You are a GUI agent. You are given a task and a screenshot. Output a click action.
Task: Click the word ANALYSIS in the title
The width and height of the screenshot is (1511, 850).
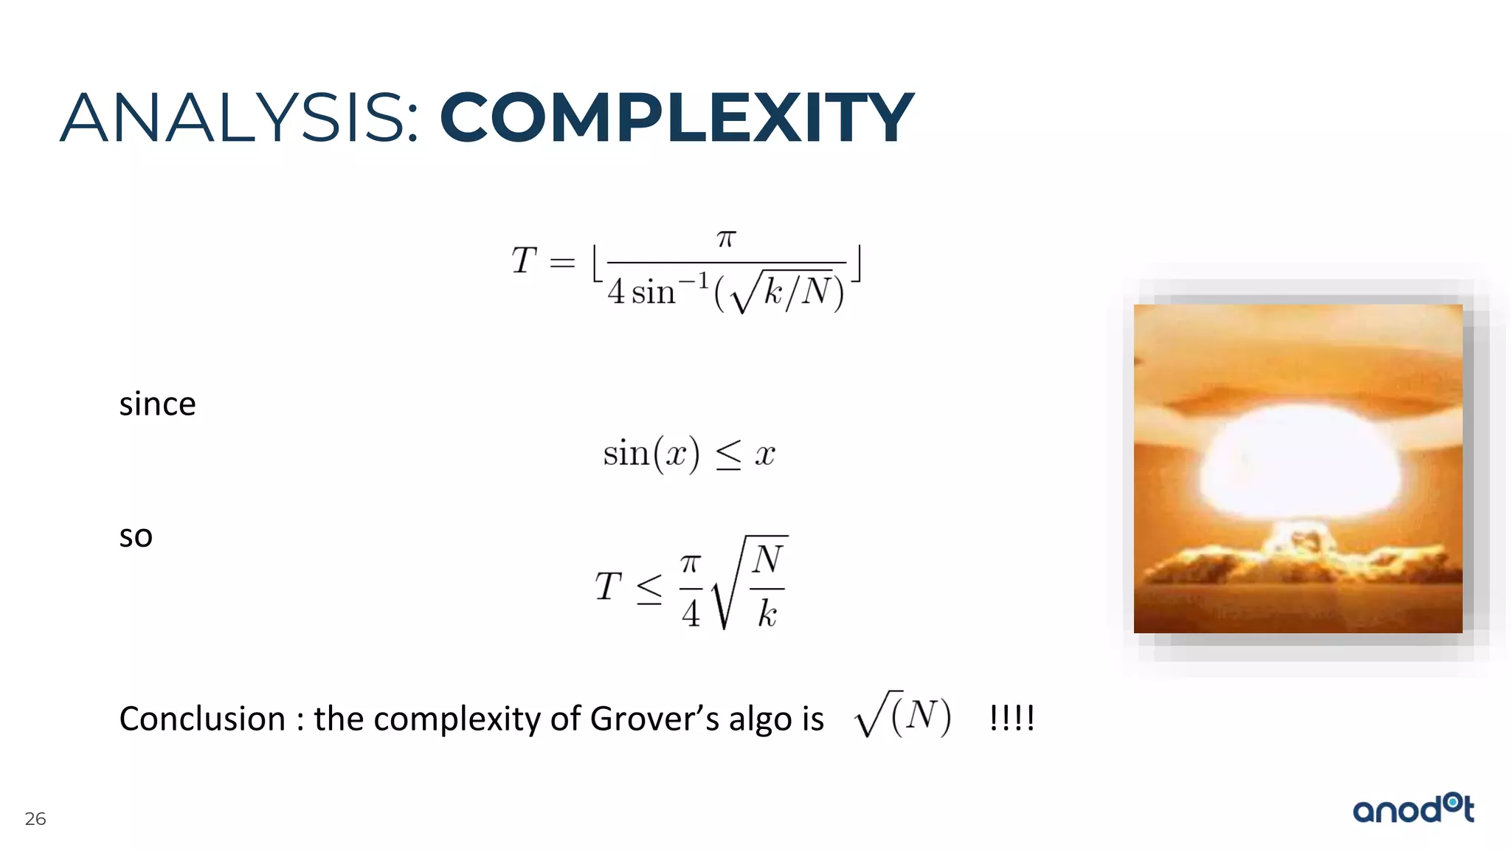(x=240, y=118)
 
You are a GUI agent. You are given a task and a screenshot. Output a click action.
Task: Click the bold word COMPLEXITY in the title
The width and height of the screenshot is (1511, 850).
(x=677, y=118)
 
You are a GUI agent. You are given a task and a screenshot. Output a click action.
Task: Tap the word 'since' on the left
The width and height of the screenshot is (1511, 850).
(x=157, y=404)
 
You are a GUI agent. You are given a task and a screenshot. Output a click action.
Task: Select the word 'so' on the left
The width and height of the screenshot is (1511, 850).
(x=136, y=536)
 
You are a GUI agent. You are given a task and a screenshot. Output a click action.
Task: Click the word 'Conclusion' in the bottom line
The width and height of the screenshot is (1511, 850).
(x=202, y=719)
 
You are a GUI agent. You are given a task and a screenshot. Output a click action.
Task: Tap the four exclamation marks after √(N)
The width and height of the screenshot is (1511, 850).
(x=1012, y=717)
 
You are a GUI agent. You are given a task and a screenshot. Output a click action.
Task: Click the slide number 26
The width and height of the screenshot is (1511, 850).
(x=35, y=819)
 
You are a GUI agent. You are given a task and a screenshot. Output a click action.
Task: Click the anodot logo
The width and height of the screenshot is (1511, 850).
(x=1413, y=809)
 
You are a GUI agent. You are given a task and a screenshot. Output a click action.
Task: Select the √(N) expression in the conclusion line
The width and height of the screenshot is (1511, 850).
(x=903, y=714)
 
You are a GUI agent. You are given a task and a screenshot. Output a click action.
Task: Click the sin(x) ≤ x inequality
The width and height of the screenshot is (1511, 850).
(x=689, y=453)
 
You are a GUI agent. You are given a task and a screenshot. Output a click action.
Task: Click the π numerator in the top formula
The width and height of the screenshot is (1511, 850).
(x=726, y=238)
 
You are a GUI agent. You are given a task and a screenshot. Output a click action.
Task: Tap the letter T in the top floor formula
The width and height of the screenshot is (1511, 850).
(x=524, y=260)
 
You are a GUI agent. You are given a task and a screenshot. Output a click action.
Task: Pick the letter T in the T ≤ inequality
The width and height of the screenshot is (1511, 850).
(x=608, y=587)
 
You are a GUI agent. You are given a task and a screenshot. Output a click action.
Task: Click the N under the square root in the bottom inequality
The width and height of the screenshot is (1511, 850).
(x=767, y=559)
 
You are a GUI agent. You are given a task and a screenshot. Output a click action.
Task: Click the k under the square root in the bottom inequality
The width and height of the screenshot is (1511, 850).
(x=767, y=613)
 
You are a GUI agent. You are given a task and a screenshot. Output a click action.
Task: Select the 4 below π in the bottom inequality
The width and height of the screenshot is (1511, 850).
(x=691, y=613)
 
